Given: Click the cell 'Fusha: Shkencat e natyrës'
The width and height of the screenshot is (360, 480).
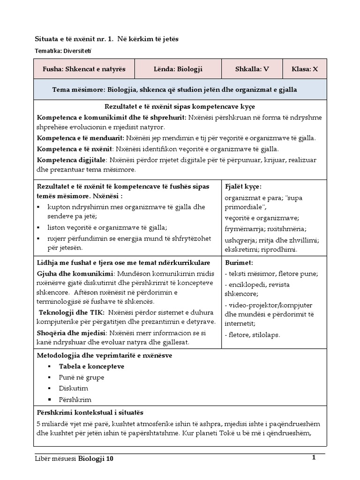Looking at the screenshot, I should [84, 69].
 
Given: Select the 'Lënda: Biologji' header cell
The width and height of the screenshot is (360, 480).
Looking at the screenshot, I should [178, 69].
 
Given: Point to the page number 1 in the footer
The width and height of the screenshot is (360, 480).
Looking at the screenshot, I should [314, 457].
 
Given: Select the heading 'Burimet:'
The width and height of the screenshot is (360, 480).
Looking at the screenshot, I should [239, 262].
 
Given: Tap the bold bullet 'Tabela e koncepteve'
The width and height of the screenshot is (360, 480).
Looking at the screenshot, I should [91, 366].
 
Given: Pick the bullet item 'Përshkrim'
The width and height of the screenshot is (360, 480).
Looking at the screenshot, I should [75, 400].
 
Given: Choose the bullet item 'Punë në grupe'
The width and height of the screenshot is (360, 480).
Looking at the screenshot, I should [82, 377].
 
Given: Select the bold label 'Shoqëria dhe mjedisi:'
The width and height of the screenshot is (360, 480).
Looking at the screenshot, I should [72, 333].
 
